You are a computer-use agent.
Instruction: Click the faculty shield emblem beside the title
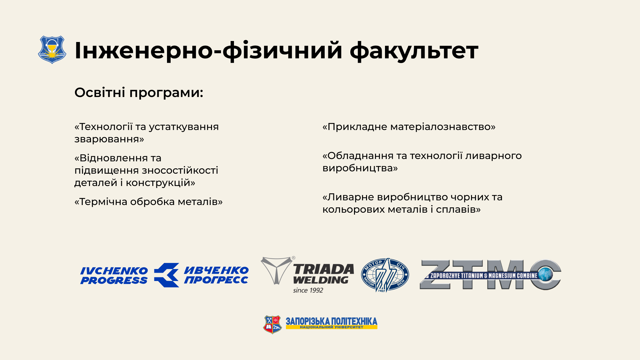(52, 50)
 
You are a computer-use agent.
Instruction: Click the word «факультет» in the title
(414, 51)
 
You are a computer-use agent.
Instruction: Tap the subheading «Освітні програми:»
(139, 93)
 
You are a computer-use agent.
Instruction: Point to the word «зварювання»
(109, 139)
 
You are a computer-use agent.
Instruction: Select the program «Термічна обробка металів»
(148, 202)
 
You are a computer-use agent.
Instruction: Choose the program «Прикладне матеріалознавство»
(409, 127)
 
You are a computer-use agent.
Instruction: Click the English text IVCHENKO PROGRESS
(114, 275)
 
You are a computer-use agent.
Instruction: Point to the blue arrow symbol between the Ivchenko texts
(167, 275)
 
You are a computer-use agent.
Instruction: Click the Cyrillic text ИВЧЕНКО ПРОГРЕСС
(216, 275)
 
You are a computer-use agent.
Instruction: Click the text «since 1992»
(308, 290)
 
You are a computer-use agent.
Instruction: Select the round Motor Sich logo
(385, 275)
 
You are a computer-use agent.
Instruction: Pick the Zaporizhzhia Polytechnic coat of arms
(273, 324)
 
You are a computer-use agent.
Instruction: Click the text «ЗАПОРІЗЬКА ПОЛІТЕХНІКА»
(331, 321)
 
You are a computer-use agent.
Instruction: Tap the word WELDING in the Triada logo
(321, 280)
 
